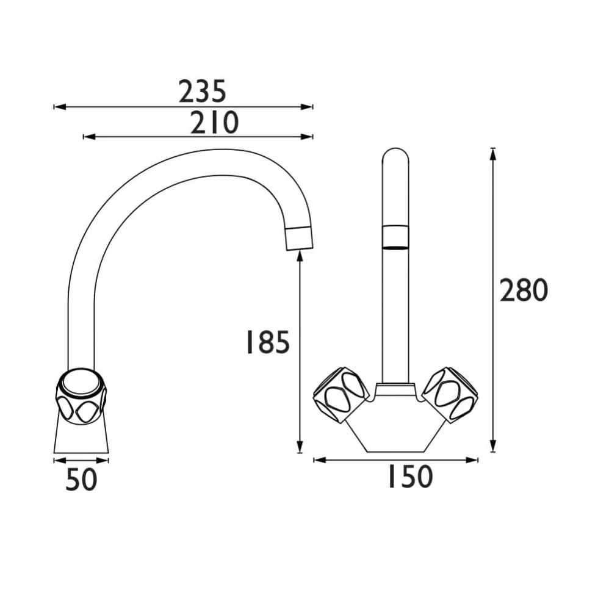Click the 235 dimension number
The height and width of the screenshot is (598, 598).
tap(203, 92)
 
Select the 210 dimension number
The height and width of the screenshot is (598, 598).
tap(214, 123)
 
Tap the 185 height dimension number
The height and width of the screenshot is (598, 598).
tap(268, 342)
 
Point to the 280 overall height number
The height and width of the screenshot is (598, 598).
tap(524, 290)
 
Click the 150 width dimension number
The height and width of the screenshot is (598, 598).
tap(410, 477)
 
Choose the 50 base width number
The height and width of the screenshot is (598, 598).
tap(81, 479)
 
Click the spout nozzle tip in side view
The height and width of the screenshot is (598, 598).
tap(300, 238)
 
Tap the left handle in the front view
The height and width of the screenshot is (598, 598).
tap(341, 395)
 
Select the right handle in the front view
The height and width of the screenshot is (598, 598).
tap(450, 395)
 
